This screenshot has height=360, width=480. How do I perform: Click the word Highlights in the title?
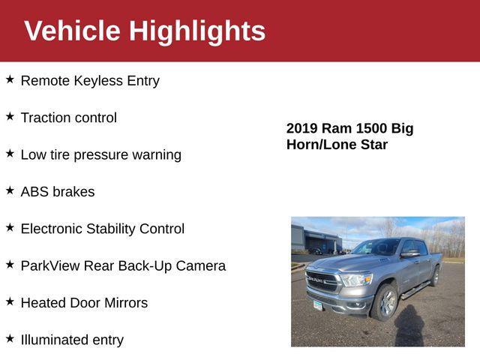(196, 31)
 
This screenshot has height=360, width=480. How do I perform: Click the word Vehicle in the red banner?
(72, 31)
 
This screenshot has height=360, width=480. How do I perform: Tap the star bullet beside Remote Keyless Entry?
(10, 79)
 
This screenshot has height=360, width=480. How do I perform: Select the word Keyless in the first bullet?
(97, 81)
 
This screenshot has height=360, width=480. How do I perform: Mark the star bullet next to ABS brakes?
(10, 190)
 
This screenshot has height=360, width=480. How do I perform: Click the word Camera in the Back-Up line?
(201, 265)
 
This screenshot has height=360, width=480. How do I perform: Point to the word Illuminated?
(55, 340)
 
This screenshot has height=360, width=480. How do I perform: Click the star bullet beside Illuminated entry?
(10, 338)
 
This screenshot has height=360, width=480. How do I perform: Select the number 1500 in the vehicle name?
(372, 128)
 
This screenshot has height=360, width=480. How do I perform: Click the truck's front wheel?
(385, 301)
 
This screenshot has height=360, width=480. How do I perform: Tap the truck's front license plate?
(318, 304)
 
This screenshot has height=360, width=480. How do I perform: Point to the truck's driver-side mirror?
(409, 253)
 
